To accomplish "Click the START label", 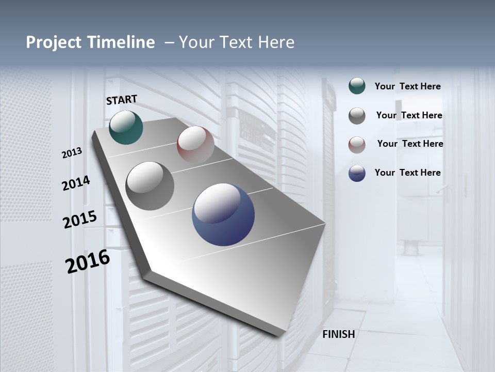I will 122,100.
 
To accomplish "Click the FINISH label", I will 339,334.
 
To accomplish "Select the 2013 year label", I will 72,153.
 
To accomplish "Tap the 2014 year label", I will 76,183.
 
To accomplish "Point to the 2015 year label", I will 80,220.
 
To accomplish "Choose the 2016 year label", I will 88,261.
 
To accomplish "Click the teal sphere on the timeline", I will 126,127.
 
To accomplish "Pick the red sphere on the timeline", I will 195,145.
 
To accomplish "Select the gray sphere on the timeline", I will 150,186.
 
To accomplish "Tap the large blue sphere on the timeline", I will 223,214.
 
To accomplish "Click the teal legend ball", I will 357,86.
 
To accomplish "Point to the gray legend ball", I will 357,116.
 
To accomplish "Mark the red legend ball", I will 357,145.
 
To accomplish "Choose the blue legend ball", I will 357,173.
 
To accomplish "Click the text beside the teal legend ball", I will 408,87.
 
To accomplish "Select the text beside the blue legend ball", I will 408,173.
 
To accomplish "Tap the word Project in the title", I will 53,42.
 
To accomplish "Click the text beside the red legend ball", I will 410,144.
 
